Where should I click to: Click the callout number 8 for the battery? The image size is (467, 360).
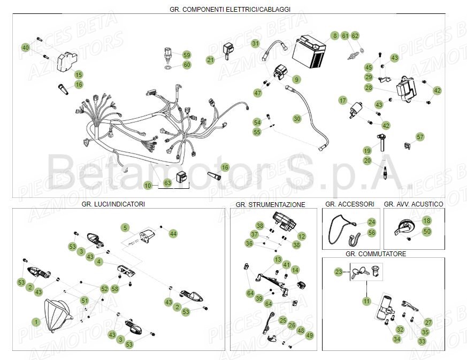tap(335, 36)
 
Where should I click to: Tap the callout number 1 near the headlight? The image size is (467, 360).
tap(36, 322)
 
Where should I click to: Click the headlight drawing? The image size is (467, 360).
tap(57, 313)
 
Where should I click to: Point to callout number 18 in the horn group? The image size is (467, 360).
tap(426, 220)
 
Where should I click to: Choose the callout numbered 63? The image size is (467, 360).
tap(167, 183)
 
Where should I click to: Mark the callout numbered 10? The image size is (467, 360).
tap(148, 185)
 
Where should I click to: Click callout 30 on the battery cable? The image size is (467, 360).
tap(297, 118)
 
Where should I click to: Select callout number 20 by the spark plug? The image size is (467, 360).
tap(367, 160)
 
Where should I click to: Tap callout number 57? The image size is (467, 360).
tap(420, 137)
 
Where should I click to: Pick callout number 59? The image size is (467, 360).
tap(187, 55)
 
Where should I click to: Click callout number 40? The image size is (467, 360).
tap(25, 48)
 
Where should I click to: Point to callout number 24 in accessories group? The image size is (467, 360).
tap(372, 222)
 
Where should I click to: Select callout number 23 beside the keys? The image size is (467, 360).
tap(339, 272)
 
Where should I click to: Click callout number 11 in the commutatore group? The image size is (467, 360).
tap(366, 301)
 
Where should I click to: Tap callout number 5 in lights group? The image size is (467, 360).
tap(125, 228)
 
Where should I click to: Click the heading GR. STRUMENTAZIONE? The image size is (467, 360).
tap(270, 205)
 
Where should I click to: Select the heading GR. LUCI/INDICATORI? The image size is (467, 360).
tap(113, 204)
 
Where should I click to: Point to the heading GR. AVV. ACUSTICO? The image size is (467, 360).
tap(413, 204)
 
